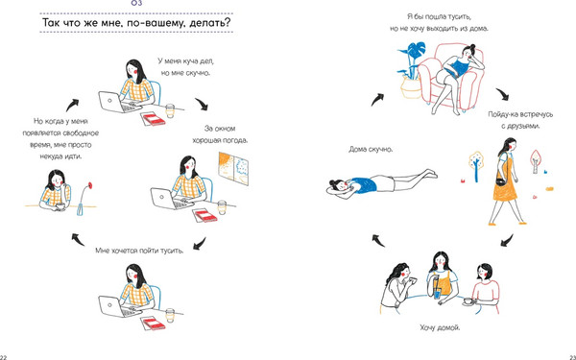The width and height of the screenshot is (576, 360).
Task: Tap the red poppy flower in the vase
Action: click(x=90, y=184)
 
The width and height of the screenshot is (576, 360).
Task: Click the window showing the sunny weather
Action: click(x=233, y=169)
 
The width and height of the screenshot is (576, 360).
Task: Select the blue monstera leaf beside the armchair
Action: click(x=418, y=49)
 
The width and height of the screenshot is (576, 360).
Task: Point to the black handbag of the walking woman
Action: click(x=501, y=182)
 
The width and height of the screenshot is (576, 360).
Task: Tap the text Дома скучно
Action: click(x=371, y=150)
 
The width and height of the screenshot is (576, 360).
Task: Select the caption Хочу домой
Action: click(x=440, y=327)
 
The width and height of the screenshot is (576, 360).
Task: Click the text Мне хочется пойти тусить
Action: click(x=139, y=251)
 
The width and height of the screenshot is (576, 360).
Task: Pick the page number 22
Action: click(x=3, y=357)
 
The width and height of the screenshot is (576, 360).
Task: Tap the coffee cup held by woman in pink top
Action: click(x=468, y=300)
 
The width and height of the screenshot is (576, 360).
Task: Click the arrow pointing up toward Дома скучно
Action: click(x=378, y=241)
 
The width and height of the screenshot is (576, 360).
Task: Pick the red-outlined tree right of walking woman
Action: click(x=536, y=160)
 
